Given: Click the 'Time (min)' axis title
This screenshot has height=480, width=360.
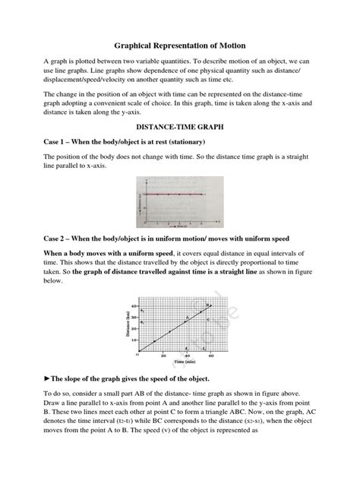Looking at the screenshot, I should (175, 363).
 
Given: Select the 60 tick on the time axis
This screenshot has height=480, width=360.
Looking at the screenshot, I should (210, 356).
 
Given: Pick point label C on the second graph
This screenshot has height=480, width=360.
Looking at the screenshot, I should (188, 322).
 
